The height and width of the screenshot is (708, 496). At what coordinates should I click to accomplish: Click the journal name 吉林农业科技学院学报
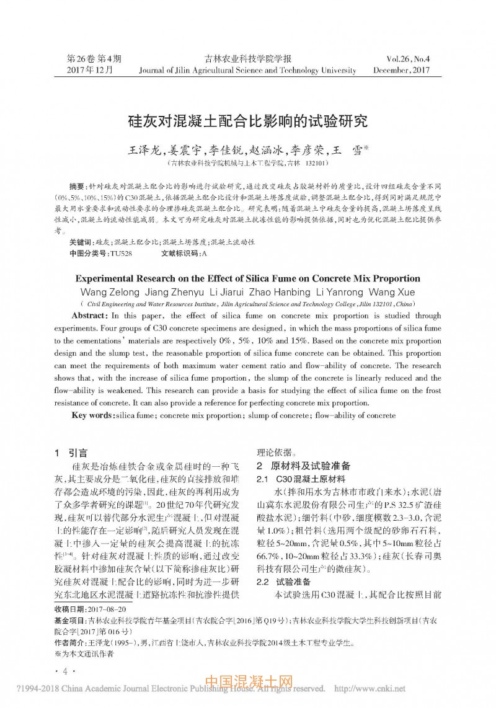[x=247, y=59]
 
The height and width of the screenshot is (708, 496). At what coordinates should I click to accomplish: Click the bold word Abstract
[x=90, y=316]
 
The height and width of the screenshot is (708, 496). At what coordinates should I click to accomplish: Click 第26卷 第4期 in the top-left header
[x=94, y=59]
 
